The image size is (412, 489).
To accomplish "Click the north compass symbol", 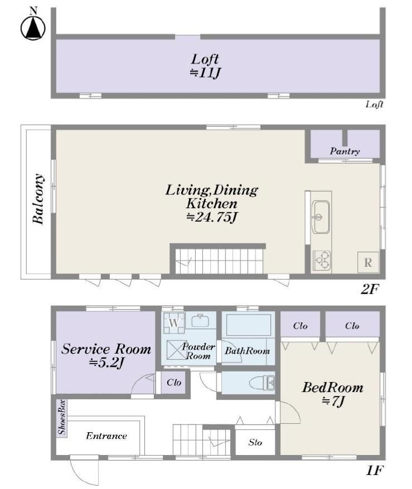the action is point(33,25).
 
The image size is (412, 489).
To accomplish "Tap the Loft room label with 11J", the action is point(205,66).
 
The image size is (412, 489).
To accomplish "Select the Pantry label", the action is point(345,151).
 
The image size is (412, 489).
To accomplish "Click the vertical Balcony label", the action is point(38,199).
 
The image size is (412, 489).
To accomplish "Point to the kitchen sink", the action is point(321,217).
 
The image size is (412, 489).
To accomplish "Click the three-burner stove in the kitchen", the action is point(322,260).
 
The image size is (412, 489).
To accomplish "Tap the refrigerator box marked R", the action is point(368,262).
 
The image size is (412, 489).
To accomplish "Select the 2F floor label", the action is point(369,290).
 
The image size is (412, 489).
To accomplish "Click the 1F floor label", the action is point(374,470).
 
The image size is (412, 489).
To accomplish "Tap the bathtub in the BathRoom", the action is point(248,325).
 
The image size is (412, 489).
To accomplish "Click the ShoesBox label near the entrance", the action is point(62,417).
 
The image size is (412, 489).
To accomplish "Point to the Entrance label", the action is point(106,436).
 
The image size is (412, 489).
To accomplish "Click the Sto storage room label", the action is point(255,442).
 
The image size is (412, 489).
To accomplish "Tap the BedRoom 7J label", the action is point(332,394).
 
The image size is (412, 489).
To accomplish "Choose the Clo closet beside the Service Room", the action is point(174,382).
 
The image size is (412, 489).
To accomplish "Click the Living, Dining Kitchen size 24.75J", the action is point(212,217).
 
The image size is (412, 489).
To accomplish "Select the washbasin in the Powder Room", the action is point(200,321).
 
